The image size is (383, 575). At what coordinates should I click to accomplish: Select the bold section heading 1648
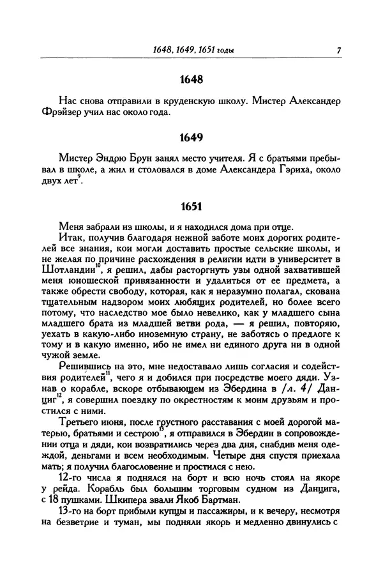(x=191, y=80)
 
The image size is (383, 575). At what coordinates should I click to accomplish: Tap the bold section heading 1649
(x=191, y=138)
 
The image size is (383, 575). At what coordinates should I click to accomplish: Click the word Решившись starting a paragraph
(x=81, y=367)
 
